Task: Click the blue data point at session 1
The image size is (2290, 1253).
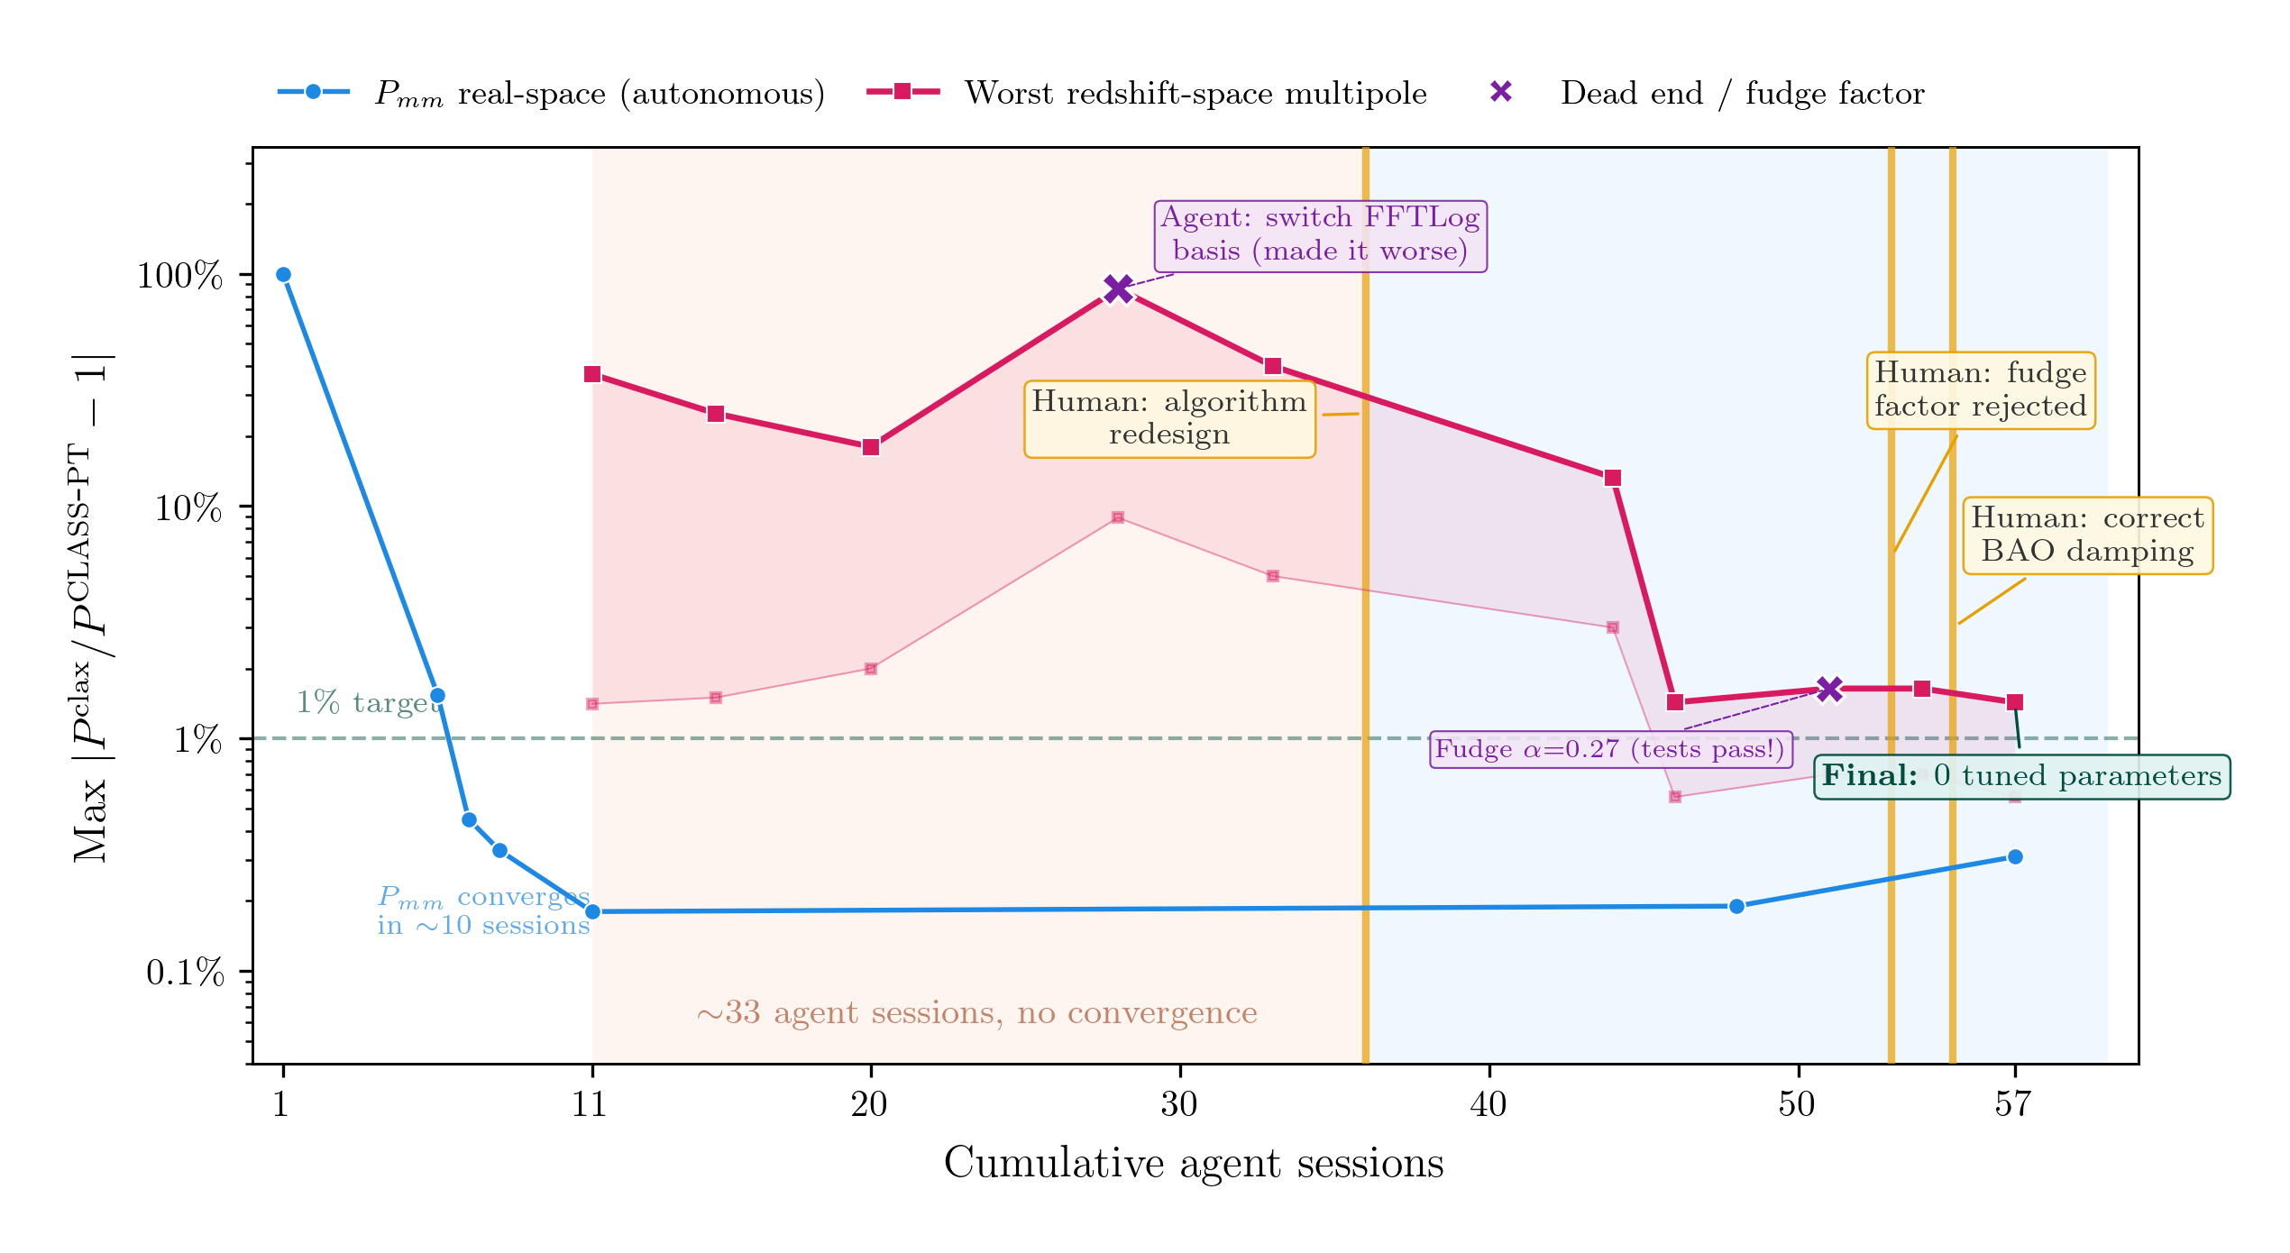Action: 283,275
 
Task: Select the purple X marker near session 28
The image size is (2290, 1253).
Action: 1118,288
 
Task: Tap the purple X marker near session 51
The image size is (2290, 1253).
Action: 1829,690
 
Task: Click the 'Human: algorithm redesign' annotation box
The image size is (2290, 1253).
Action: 1169,419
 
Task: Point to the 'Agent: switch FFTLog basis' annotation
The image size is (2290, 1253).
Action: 1320,235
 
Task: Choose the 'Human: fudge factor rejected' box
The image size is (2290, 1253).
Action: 1980,390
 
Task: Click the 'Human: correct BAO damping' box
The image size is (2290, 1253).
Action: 2087,535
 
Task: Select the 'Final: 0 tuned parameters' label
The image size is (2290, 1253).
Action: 2021,776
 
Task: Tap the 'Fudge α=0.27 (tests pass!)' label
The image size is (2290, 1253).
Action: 1610,749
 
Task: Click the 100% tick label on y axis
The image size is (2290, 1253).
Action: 179,276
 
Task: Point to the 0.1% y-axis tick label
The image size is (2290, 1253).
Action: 185,973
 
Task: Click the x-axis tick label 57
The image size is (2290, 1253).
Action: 2012,1103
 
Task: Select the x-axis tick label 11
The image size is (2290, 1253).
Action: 591,1103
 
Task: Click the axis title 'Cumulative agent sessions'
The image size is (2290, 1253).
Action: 1193,1163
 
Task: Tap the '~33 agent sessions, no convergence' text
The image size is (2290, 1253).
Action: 976,1013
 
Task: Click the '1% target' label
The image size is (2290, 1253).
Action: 368,702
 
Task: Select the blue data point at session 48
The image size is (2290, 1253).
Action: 1736,906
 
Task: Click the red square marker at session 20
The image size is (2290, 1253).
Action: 870,447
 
